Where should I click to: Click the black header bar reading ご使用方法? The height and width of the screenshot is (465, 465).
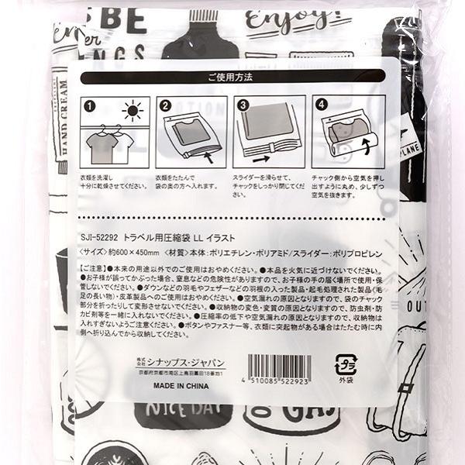(232, 77)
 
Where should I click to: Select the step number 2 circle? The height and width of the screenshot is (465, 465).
(165, 105)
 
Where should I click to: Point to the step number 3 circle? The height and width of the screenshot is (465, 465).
(243, 105)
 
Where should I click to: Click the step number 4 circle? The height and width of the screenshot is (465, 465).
(319, 105)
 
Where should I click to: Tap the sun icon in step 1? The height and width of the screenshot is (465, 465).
(133, 112)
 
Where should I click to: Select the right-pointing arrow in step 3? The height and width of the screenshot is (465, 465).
(260, 158)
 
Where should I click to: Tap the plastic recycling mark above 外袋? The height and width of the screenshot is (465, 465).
(346, 363)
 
